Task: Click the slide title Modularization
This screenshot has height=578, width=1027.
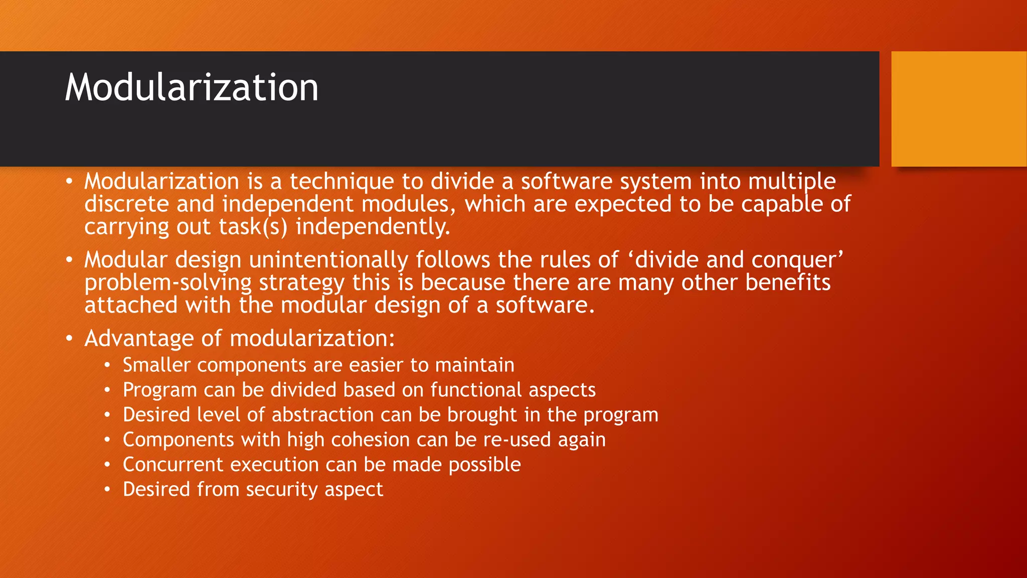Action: point(192,88)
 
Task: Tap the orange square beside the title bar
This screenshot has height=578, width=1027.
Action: point(958,109)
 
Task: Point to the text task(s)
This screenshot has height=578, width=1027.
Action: point(253,227)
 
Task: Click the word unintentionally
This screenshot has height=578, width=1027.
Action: point(328,260)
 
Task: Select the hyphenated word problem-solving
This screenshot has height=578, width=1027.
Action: point(168,283)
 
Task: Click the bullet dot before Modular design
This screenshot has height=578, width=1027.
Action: point(70,260)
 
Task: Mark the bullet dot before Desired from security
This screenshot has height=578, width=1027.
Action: point(107,489)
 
